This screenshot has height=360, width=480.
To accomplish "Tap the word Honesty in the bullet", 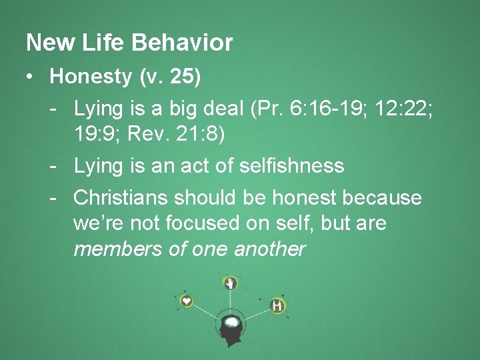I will pyautogui.click(x=91, y=77).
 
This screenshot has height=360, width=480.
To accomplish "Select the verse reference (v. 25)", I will pyautogui.click(x=169, y=77).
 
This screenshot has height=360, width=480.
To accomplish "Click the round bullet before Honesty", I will pyautogui.click(x=30, y=77).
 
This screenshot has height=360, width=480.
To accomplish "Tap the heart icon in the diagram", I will pyautogui.click(x=186, y=301).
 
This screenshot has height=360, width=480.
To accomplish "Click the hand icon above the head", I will pyautogui.click(x=230, y=283).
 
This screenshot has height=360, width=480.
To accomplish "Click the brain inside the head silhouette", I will pyautogui.click(x=231, y=323).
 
